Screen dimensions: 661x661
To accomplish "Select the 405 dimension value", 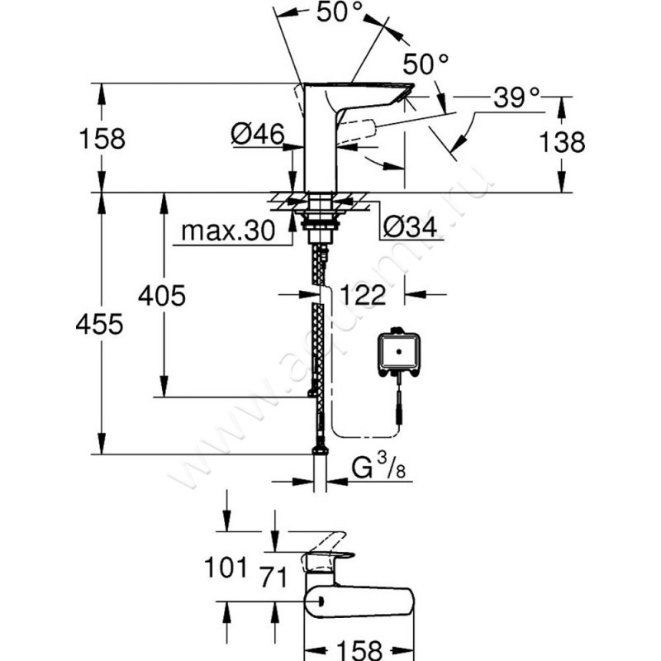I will [161, 295].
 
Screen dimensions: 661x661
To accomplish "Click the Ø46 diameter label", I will [258, 134].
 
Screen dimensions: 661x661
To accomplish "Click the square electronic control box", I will [399, 355].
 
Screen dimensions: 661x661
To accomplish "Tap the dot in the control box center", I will [399, 353].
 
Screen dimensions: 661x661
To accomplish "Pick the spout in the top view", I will [364, 601].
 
